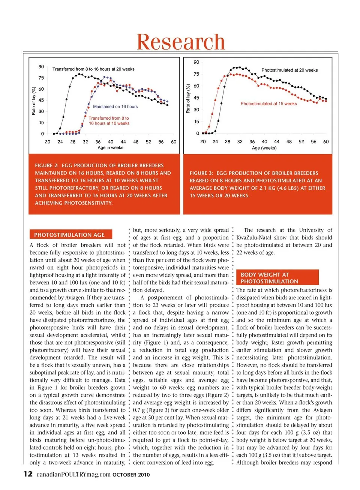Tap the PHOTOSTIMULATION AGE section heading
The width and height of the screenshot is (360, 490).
point(69,235)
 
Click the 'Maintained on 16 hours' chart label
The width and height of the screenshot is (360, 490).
point(115,107)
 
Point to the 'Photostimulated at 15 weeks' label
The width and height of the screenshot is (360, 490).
point(268,104)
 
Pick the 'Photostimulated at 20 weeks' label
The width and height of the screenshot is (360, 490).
point(289,70)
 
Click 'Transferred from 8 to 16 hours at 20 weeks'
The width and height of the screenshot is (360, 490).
point(93,69)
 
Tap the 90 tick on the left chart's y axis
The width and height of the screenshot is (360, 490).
point(41,67)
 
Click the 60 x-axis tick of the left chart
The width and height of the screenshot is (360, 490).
point(174,142)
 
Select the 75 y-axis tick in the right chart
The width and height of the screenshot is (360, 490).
point(196,74)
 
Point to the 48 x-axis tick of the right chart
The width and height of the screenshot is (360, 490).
point(289,142)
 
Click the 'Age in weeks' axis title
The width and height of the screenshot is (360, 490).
point(110,148)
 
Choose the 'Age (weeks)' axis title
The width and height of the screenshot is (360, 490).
point(264,148)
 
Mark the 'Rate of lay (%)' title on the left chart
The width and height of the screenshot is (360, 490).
point(34,101)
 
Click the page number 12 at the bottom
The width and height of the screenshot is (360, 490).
point(28,474)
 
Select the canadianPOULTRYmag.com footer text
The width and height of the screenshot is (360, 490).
point(73,474)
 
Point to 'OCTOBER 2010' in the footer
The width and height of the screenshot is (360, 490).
point(131,475)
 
